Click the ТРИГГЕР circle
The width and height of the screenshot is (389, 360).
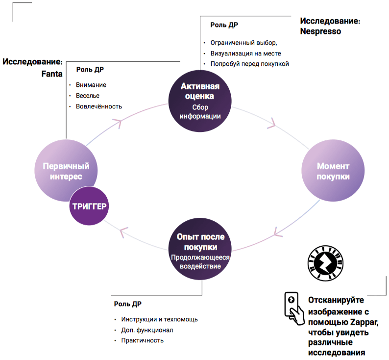tap(90, 206)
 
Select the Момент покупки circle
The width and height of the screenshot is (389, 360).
tap(333, 171)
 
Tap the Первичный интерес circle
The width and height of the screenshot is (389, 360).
tap(66, 171)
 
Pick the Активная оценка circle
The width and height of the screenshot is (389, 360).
tap(200, 100)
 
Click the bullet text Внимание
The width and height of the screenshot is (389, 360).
tap(91, 85)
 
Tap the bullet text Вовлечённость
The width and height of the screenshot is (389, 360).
tap(99, 106)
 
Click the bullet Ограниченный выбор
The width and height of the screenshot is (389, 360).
tap(243, 42)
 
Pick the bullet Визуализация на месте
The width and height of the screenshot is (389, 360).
tap(245, 53)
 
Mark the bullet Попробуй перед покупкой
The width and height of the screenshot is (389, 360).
tap(250, 64)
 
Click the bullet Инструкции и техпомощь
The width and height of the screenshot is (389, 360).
tap(159, 319)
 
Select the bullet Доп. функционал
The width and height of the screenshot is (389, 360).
tap(147, 330)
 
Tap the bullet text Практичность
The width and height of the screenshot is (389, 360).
tap(143, 340)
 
